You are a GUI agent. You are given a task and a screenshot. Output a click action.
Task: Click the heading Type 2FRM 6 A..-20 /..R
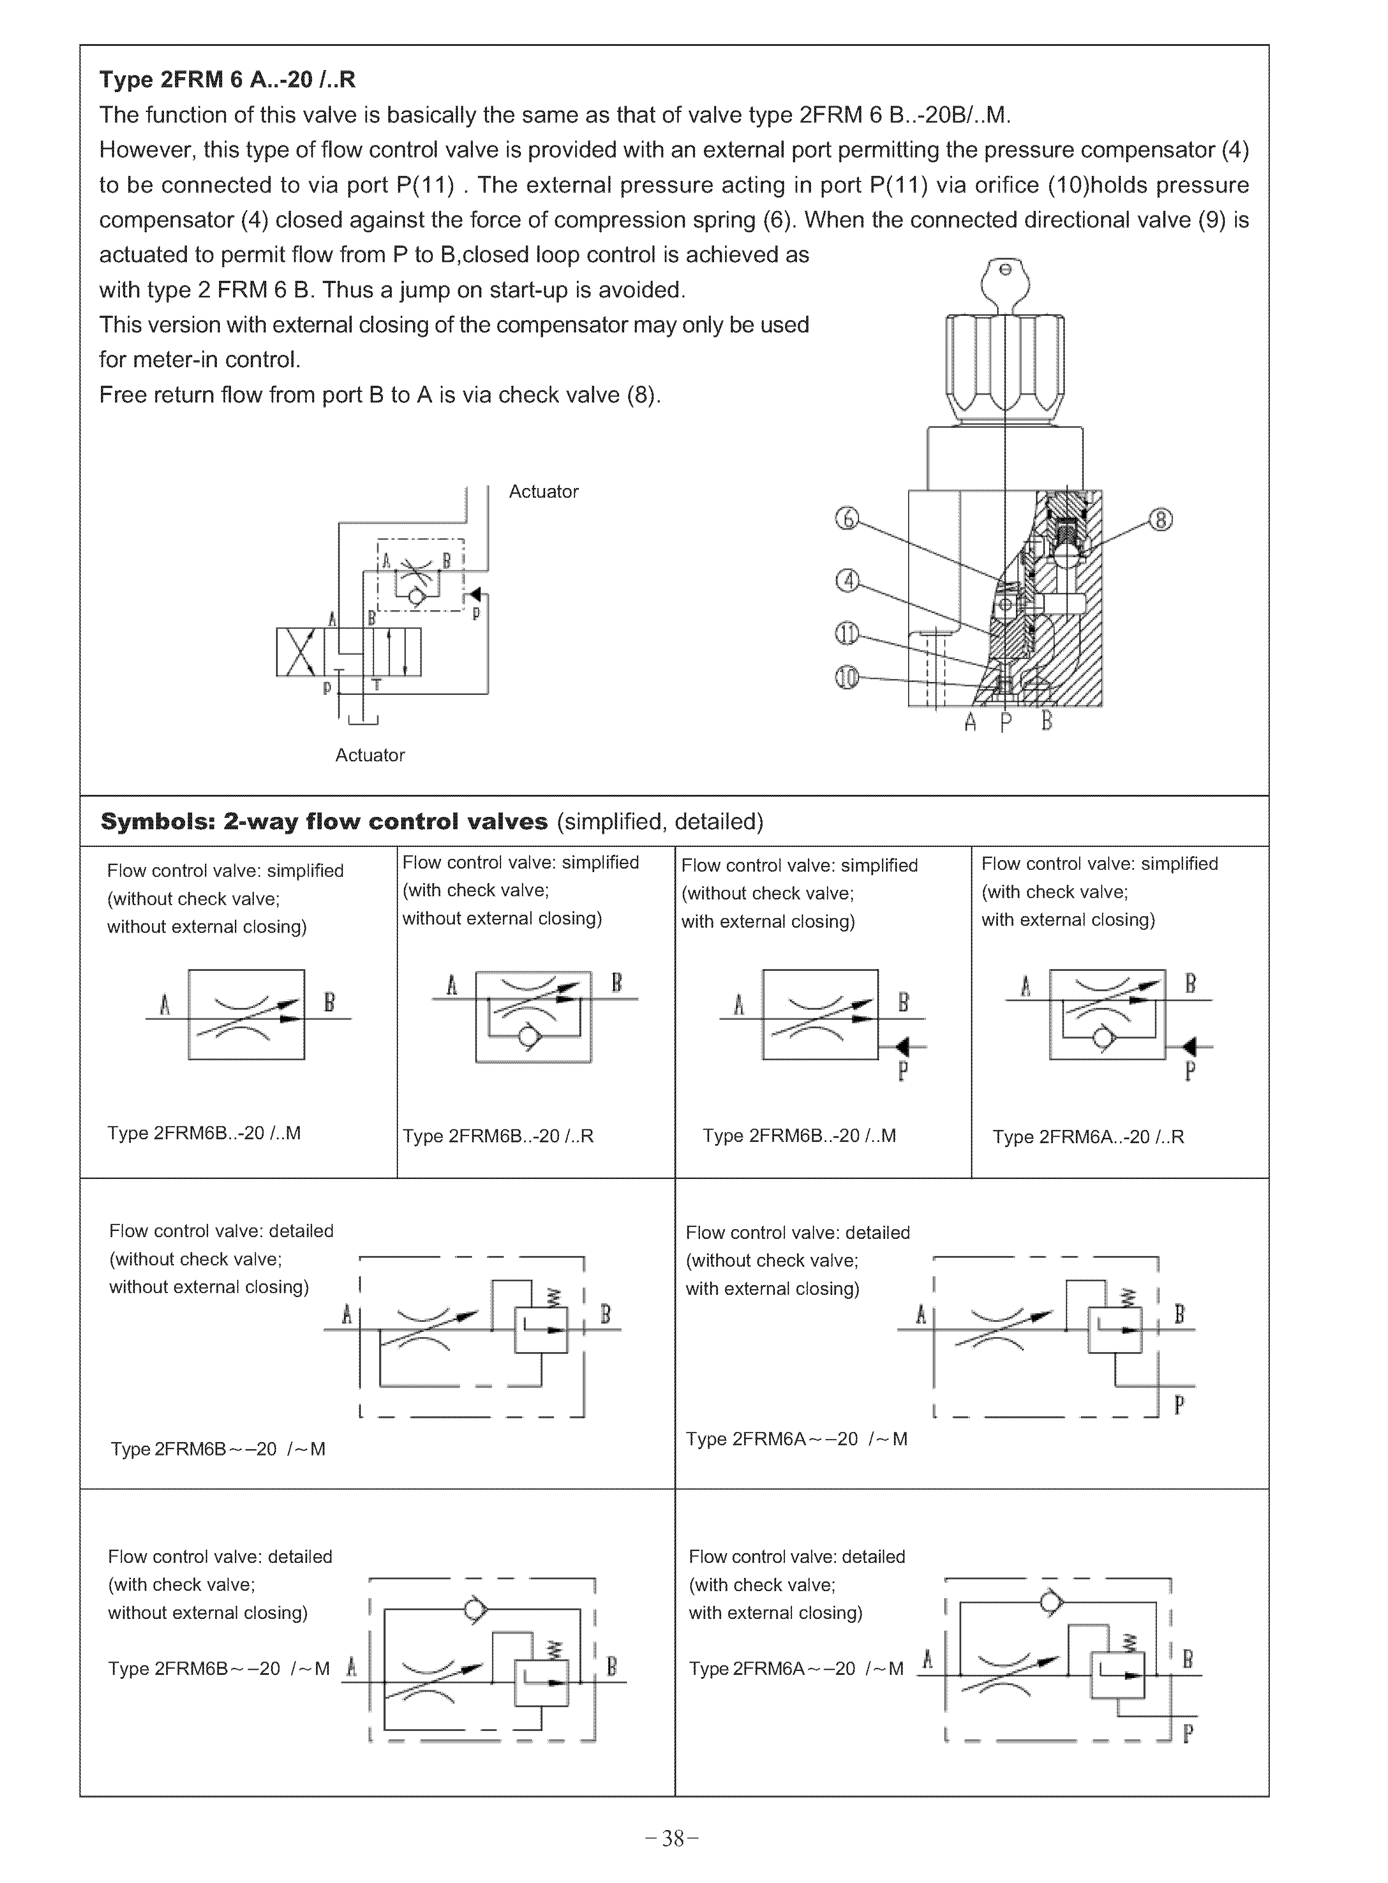[x=227, y=80]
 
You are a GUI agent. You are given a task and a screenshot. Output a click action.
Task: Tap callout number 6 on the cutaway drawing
[x=846, y=519]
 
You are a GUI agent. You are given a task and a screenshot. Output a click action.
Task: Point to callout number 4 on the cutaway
[x=847, y=580]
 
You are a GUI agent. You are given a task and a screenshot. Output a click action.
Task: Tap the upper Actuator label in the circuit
[x=543, y=492]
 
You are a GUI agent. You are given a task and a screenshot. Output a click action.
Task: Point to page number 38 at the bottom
[x=672, y=1839]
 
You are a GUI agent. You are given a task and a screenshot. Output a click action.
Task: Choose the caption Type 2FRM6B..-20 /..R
[x=497, y=1136]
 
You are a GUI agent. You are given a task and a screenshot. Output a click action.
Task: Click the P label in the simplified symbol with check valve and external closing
[x=1190, y=1071]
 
